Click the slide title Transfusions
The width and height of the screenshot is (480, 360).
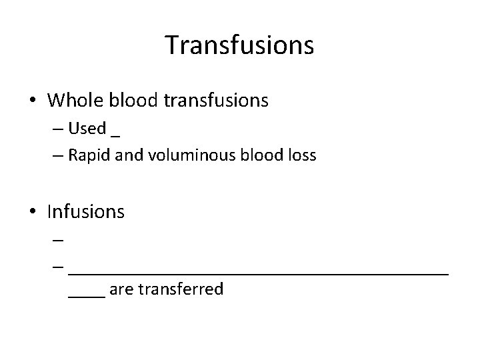239,45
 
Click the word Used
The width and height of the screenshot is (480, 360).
87,129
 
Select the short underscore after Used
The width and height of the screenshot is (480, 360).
116,133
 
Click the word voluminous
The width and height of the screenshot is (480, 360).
175,155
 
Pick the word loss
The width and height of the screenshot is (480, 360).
301,155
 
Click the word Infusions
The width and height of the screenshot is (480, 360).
86,212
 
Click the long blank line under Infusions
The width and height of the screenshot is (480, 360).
259,271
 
